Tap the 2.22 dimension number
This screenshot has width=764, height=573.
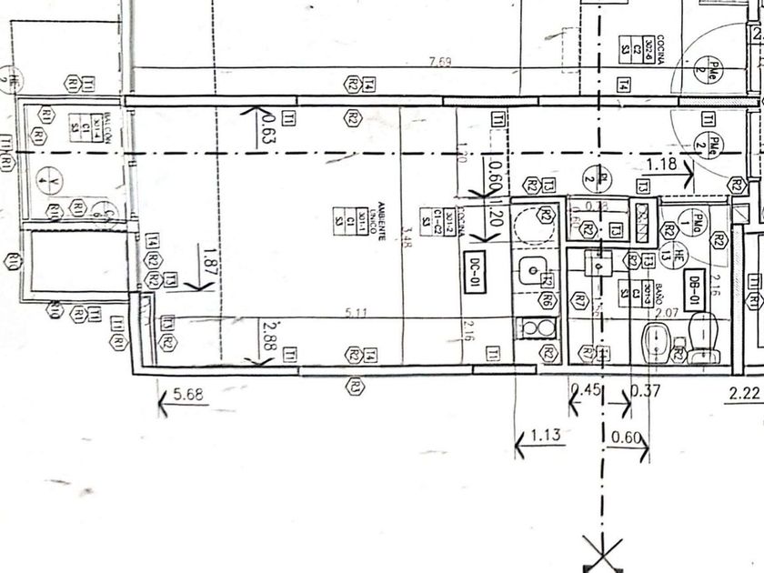click(746, 394)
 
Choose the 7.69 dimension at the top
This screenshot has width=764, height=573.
click(441, 63)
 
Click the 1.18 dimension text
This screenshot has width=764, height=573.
click(661, 165)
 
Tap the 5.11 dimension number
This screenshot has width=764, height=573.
click(352, 314)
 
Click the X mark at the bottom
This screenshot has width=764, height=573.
click(599, 551)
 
